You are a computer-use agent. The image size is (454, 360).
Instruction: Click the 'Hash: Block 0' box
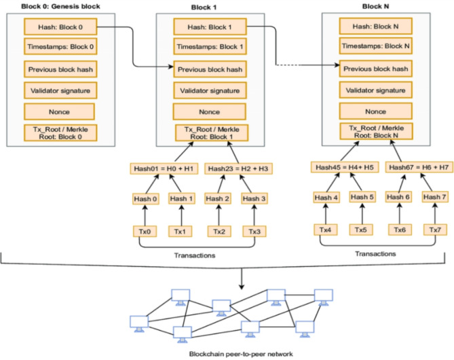pyautogui.click(x=59, y=27)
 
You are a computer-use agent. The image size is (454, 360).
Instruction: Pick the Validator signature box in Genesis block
pyautogui.click(x=59, y=90)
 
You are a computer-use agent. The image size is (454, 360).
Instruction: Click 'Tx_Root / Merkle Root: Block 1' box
pyautogui.click(x=208, y=133)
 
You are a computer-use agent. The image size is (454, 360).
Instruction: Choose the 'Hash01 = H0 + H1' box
pyautogui.click(x=164, y=168)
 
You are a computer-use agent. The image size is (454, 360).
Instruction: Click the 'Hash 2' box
pyautogui.click(x=219, y=199)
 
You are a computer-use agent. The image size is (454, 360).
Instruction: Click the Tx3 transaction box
pyautogui.click(x=255, y=231)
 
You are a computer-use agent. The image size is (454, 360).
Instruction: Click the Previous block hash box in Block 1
pyautogui.click(x=208, y=69)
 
